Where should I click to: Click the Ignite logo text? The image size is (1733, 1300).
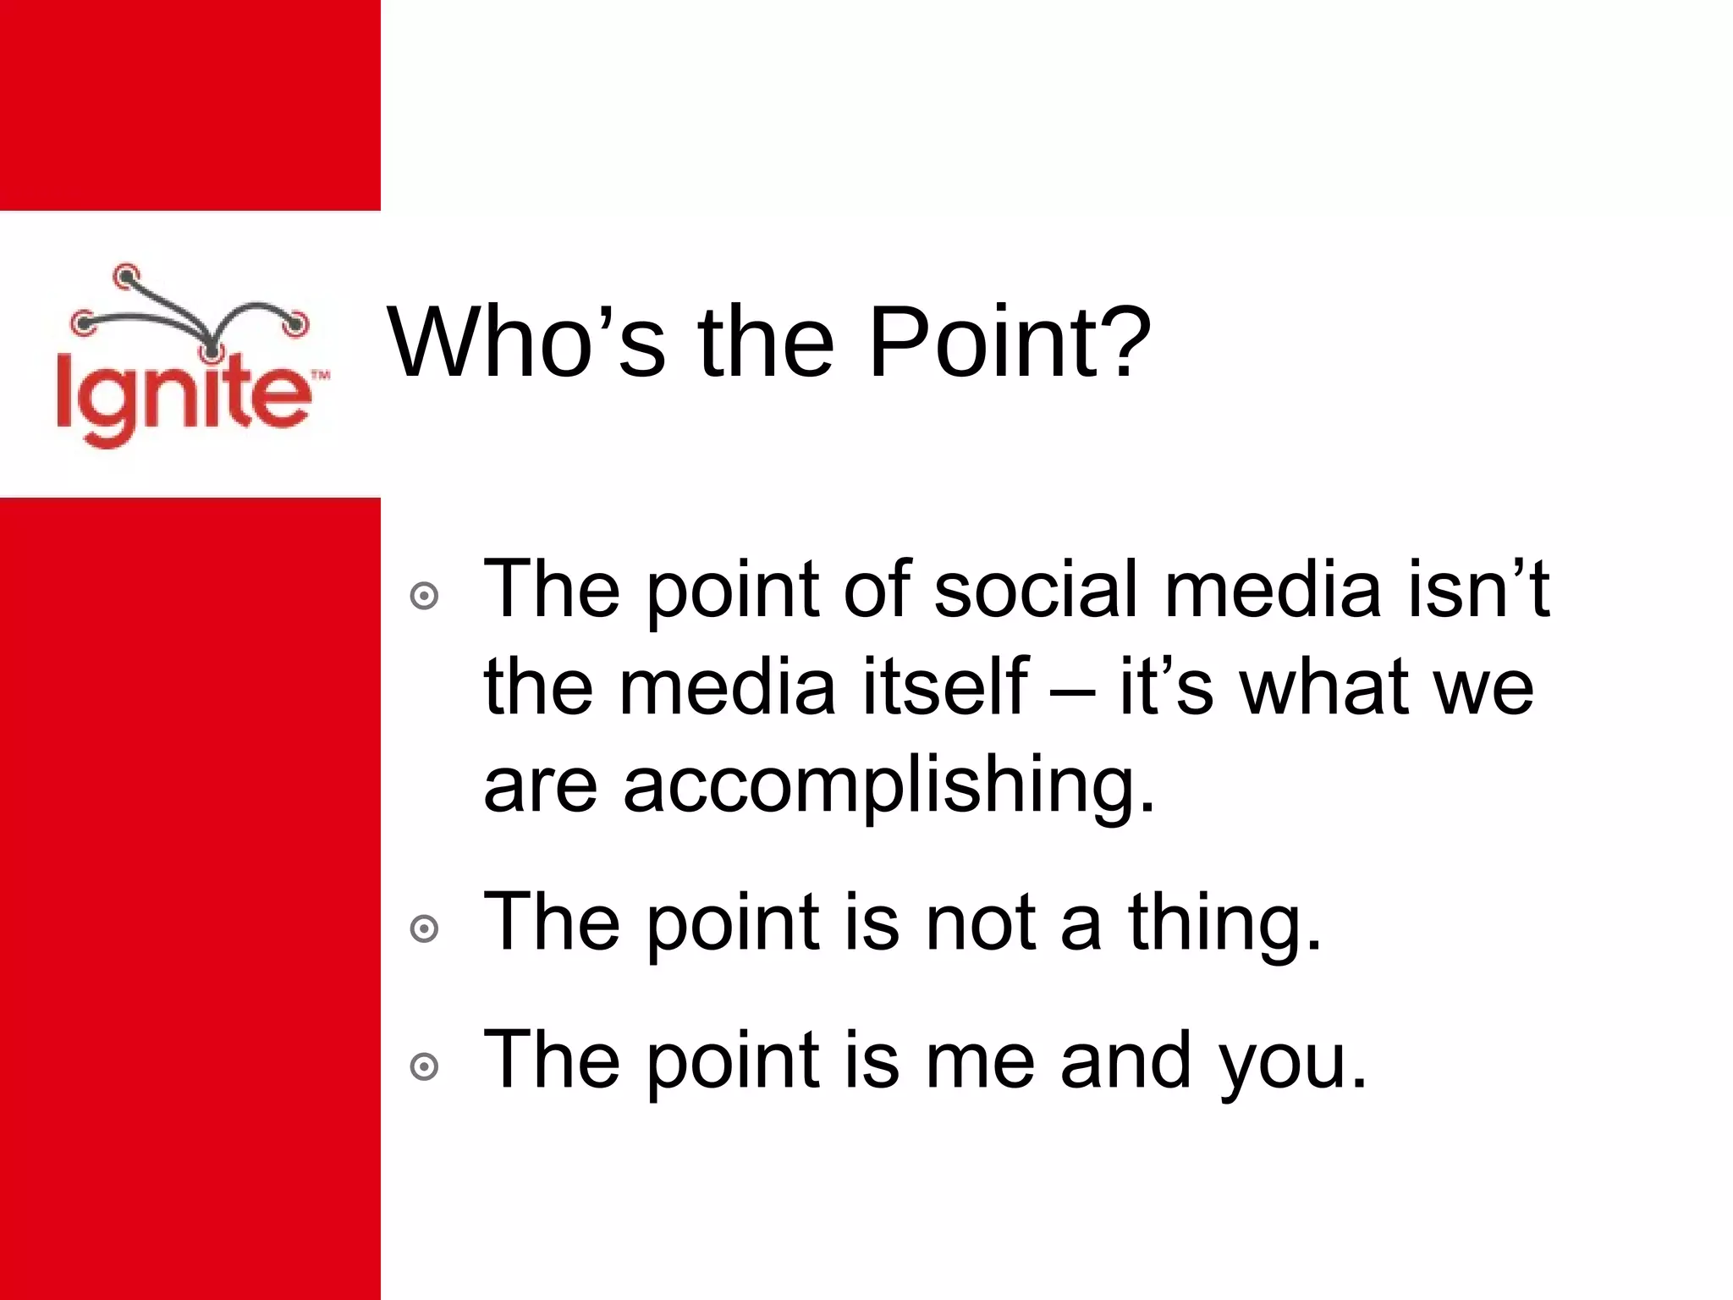(182, 398)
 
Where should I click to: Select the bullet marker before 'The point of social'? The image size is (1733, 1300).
(424, 597)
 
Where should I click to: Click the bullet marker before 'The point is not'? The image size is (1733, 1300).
(424, 929)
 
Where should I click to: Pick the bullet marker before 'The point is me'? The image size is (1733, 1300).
(424, 1066)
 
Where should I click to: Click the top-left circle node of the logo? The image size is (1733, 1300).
(126, 274)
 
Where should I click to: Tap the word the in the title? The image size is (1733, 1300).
(766, 343)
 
